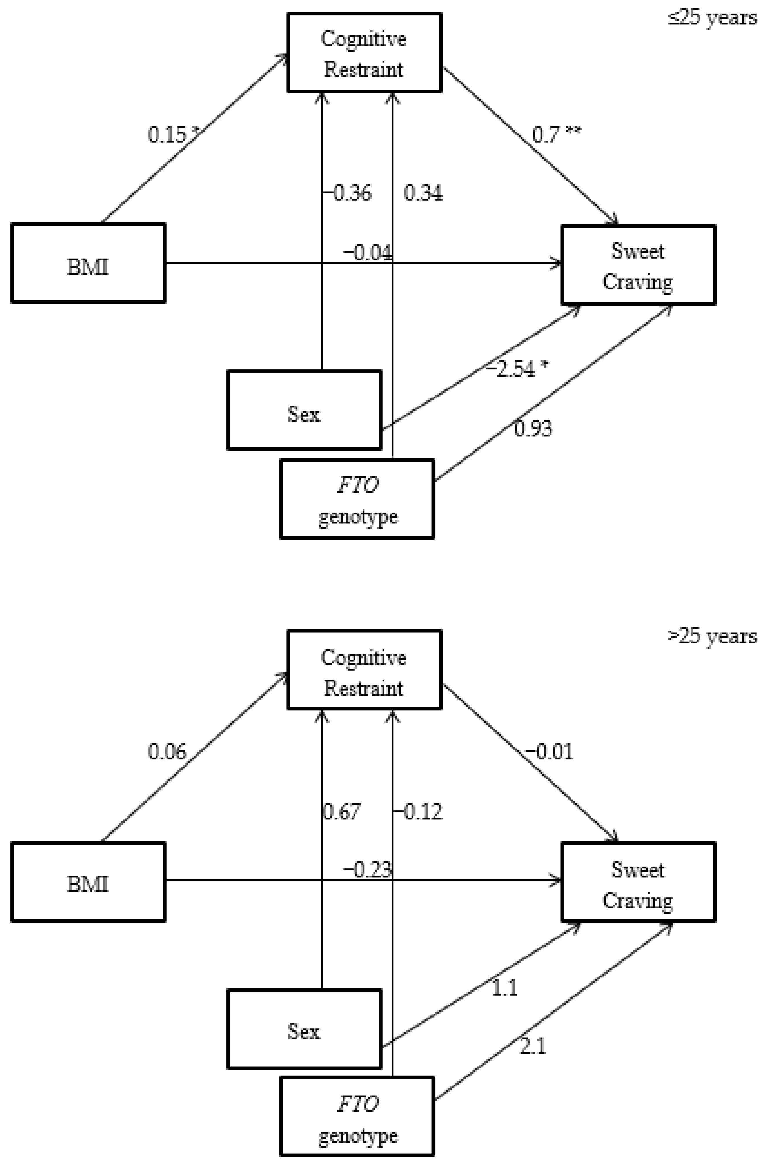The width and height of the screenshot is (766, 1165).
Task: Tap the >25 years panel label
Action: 712,636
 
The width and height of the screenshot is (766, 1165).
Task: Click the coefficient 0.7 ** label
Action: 557,134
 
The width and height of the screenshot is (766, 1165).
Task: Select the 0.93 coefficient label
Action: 533,428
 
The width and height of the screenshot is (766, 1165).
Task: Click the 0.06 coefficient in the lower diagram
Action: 167,752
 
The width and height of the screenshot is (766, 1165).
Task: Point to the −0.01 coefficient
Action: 549,752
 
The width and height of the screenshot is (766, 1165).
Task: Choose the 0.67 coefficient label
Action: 342,812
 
